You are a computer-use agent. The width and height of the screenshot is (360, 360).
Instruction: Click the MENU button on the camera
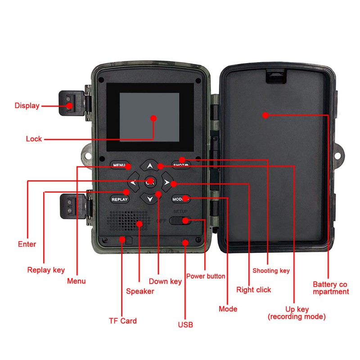[x=120, y=165]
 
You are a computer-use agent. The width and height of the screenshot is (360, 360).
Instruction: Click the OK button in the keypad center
[x=150, y=182]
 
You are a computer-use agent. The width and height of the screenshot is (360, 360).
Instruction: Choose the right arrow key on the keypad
[x=167, y=183]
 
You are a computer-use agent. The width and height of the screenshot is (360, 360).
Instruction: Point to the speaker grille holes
[x=129, y=220]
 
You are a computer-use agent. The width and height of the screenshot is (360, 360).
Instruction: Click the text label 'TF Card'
[x=122, y=321]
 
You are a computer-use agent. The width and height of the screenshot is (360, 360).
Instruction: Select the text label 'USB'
[x=185, y=324]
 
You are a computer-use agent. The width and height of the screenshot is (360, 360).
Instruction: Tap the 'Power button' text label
[x=206, y=276]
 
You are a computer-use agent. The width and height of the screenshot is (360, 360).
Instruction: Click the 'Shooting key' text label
[x=271, y=270]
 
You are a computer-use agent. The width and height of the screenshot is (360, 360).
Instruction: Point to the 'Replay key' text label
[x=46, y=270]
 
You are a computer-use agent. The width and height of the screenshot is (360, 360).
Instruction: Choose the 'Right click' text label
[x=254, y=290]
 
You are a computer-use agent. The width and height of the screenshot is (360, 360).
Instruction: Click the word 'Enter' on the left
[x=27, y=244]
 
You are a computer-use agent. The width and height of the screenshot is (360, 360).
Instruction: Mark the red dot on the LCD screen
[x=153, y=118]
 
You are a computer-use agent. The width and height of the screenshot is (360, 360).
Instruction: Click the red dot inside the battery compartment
[x=265, y=115]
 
